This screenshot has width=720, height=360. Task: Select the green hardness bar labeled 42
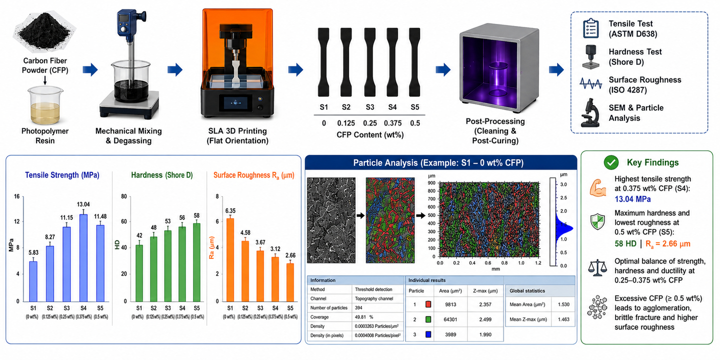[x=139, y=273]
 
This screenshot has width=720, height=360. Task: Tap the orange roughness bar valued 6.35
[x=230, y=259]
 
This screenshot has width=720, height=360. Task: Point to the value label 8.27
[x=50, y=237]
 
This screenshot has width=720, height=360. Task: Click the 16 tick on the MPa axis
[x=16, y=196]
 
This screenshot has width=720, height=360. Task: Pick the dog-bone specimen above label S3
[x=369, y=62]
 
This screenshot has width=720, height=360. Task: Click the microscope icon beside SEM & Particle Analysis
[x=590, y=113]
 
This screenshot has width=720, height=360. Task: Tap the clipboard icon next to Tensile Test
[x=591, y=28]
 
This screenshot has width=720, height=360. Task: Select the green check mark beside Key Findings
[x=611, y=162]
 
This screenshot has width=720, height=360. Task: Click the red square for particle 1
[x=428, y=304]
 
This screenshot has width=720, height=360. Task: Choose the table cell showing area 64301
[x=450, y=319]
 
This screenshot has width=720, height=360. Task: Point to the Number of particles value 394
[x=358, y=307]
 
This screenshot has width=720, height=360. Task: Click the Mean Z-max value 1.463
[x=563, y=319]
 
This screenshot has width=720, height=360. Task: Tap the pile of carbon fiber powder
[x=44, y=30]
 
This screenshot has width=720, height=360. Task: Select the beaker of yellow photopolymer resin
[x=45, y=105]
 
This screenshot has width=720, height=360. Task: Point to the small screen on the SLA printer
[x=235, y=102]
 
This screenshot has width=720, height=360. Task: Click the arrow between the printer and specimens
[x=295, y=69]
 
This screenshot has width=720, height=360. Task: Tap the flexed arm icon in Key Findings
[x=597, y=187]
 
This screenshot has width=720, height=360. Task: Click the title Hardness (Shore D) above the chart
[x=161, y=175]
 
